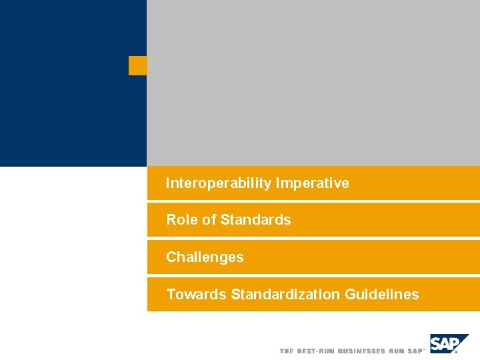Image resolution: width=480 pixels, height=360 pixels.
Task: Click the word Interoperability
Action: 219,183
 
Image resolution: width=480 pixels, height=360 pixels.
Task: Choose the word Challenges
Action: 205,257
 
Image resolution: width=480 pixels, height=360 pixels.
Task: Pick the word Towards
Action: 196,295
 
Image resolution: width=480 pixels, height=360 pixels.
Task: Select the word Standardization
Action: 285,295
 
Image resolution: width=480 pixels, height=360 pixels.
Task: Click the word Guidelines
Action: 382,295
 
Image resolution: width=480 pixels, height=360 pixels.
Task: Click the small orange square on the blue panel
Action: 137,65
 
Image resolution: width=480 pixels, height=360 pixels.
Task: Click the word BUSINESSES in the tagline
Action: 362,351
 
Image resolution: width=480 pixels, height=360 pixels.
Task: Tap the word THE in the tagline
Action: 287,351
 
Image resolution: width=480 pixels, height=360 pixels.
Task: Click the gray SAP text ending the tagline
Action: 415,351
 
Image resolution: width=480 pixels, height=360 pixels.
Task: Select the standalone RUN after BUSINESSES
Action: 397,351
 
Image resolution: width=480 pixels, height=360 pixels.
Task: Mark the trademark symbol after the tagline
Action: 424,349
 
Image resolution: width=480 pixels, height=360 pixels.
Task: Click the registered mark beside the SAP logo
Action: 456,353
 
